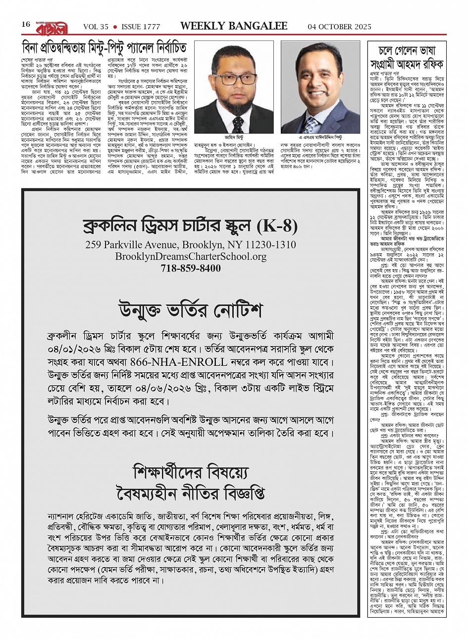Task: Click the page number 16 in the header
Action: pyautogui.click(x=26, y=24)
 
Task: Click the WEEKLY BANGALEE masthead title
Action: pyautogui.click(x=233, y=26)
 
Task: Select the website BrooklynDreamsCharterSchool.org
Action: pyautogui.click(x=191, y=257)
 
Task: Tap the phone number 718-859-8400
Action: pyautogui.click(x=191, y=269)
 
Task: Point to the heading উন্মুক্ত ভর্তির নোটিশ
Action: pyautogui.click(x=191, y=310)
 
